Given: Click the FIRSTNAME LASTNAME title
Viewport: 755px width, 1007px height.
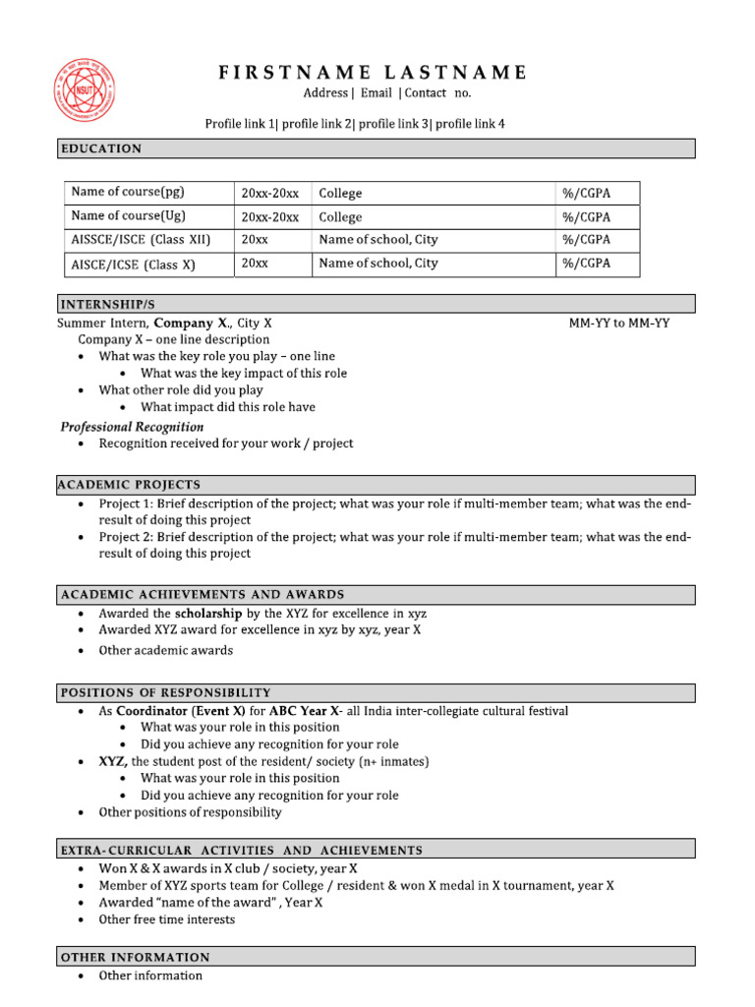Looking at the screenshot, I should [x=373, y=72].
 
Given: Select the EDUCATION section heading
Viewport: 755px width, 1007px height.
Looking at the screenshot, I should [x=101, y=148].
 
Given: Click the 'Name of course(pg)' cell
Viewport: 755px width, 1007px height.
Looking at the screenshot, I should [x=128, y=193].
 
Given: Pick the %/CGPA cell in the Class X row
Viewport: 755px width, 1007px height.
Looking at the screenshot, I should [x=586, y=264].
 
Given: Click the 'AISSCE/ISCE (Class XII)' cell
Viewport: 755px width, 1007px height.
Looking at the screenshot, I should [x=142, y=240].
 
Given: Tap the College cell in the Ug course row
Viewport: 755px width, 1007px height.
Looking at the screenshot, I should [x=340, y=216].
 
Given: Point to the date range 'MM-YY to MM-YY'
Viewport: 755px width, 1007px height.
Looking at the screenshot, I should [x=619, y=323].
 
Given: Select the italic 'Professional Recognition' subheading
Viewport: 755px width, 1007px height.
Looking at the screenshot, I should [x=133, y=427].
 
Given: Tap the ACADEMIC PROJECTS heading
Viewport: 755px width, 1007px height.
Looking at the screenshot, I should [x=131, y=485].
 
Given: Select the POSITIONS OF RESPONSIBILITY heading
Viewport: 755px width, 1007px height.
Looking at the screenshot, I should [x=166, y=692].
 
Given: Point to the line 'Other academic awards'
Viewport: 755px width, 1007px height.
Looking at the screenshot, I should [x=166, y=650].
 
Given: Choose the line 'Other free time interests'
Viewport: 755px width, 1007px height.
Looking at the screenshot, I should [x=167, y=919].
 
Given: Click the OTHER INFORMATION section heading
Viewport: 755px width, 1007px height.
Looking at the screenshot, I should [x=136, y=957].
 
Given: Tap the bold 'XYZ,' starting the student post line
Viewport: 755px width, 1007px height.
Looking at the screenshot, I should [x=113, y=761].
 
